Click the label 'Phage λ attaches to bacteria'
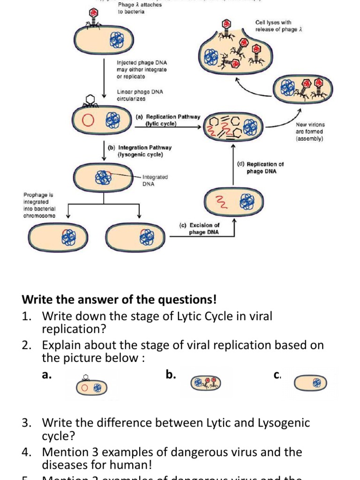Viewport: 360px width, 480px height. click(x=140, y=8)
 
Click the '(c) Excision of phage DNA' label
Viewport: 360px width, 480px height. click(x=203, y=228)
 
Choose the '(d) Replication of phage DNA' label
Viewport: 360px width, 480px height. click(x=261, y=168)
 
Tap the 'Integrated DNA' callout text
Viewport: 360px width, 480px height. click(x=155, y=180)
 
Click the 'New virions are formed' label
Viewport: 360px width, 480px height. click(x=310, y=132)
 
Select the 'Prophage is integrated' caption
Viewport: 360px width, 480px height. click(x=39, y=205)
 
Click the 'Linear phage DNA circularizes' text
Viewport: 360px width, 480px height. click(x=140, y=95)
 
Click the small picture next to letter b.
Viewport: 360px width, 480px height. click(x=204, y=383)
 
